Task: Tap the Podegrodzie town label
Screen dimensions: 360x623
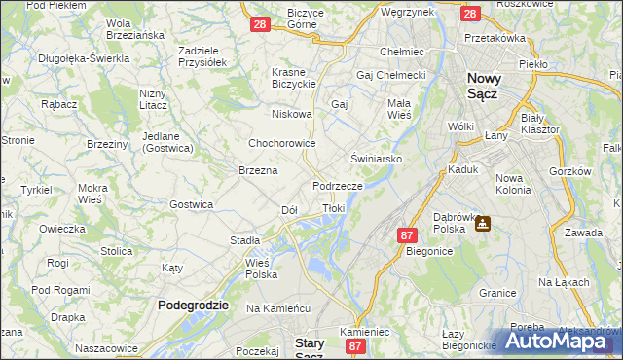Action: point(193,305)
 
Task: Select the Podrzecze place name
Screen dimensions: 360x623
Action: point(338,185)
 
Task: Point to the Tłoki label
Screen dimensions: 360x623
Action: point(333,208)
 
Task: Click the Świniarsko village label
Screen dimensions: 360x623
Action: point(377,158)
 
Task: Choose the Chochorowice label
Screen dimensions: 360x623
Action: point(281,142)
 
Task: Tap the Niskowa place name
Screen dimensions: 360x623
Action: point(292,114)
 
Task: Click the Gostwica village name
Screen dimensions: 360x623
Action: point(191,204)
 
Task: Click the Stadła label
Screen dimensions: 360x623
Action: point(244,239)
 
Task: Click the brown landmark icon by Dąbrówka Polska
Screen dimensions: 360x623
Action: point(481,223)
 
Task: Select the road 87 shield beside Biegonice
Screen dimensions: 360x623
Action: point(407,234)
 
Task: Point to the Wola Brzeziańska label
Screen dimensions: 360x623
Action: point(133,29)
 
